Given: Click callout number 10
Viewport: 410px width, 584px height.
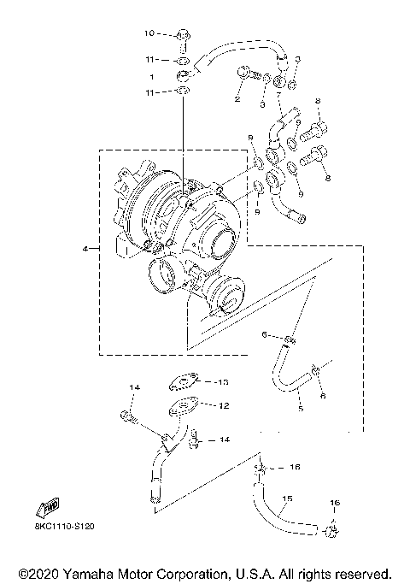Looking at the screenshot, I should click(148, 34).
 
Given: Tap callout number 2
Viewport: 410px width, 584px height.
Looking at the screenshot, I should click(237, 99).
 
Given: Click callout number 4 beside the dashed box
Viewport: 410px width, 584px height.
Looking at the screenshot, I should click(85, 249).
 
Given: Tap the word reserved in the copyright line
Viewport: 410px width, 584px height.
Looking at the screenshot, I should click(363, 572).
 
